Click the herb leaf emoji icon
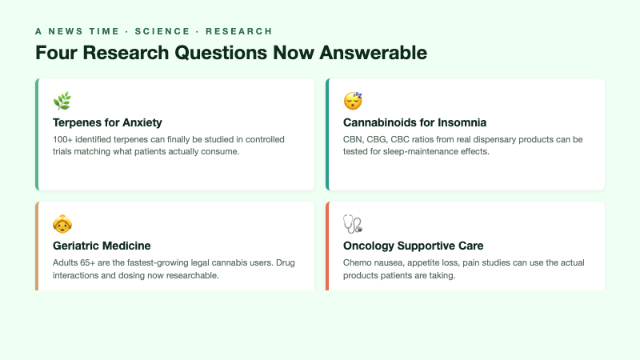[62, 101]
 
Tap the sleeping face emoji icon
[353, 101]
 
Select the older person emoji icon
[62, 224]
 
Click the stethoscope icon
[353, 224]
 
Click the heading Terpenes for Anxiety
[107, 122]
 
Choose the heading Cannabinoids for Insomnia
[414, 122]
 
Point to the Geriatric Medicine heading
[102, 246]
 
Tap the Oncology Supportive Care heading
[413, 246]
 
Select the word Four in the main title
[54, 53]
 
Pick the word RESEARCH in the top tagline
[238, 31]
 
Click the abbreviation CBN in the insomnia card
[353, 139]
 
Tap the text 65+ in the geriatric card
[92, 262]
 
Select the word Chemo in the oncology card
[357, 262]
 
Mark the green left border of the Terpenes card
[37, 134]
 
